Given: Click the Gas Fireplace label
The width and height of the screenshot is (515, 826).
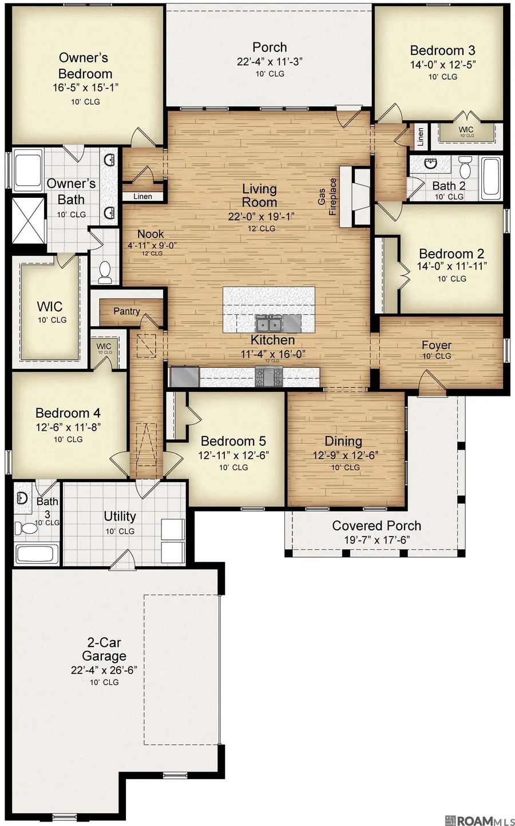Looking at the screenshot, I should [x=327, y=197].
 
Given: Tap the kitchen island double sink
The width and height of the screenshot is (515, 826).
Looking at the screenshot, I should [x=268, y=324].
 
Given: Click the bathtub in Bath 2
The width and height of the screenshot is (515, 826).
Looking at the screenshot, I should [x=492, y=177].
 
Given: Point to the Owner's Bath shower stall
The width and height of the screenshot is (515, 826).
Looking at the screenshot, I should [x=28, y=220].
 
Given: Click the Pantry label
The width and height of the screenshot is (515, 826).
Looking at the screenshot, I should [x=126, y=311].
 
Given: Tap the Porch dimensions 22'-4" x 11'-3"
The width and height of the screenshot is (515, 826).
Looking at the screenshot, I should [x=270, y=62].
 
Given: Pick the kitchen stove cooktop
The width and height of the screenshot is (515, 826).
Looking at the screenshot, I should [x=268, y=377].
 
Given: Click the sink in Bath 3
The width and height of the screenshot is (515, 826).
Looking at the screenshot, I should [x=23, y=498].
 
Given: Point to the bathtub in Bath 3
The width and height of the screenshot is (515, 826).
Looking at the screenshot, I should [x=35, y=554].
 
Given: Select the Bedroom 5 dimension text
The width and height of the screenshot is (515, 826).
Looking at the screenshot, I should [x=233, y=455].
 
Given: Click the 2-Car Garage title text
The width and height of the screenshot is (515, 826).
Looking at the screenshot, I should [x=104, y=649].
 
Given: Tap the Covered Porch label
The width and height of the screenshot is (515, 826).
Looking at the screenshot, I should [x=376, y=526].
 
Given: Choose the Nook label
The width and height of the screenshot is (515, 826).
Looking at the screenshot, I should [x=150, y=234].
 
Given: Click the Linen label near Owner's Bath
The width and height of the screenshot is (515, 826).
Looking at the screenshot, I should [x=142, y=196].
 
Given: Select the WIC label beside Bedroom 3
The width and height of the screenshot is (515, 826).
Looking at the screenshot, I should [x=466, y=130].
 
